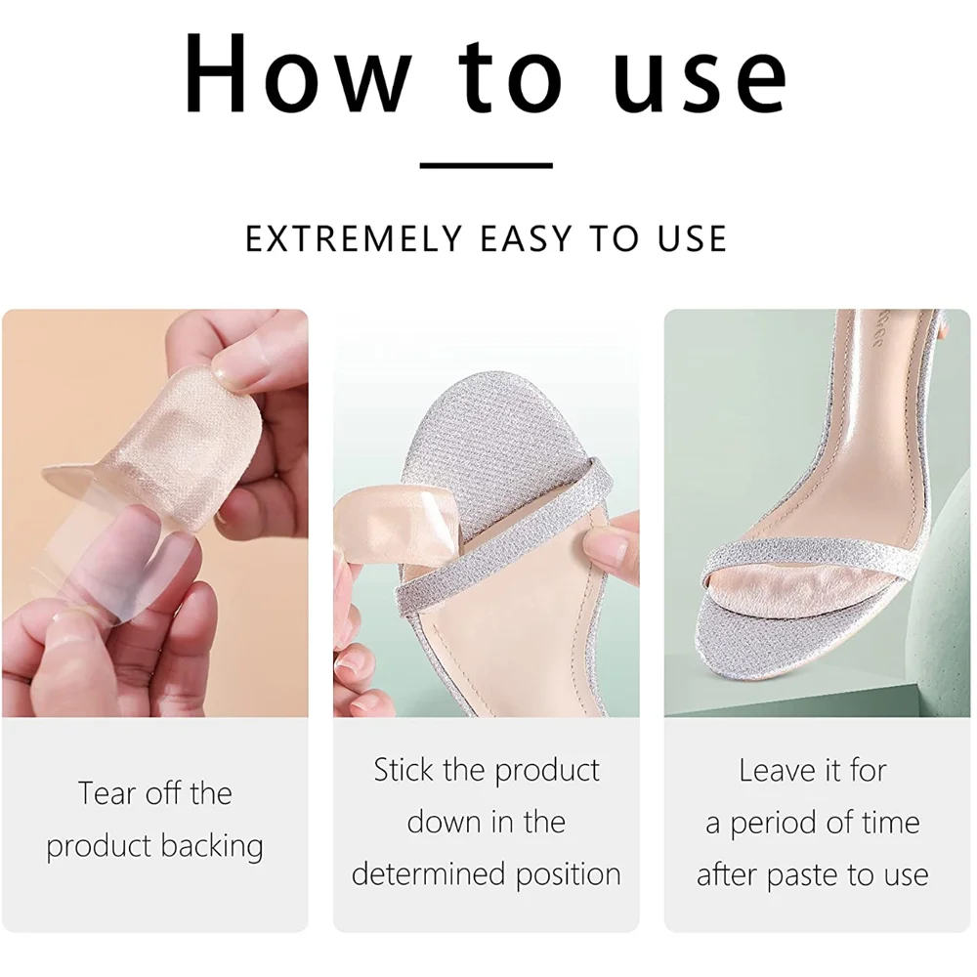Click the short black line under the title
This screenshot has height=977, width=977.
[x=487, y=166]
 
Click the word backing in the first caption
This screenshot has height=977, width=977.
[x=218, y=846]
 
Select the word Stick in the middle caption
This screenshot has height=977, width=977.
[x=404, y=770]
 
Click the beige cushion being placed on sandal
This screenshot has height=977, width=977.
[x=386, y=528]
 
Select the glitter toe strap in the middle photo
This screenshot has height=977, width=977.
[x=498, y=547]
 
